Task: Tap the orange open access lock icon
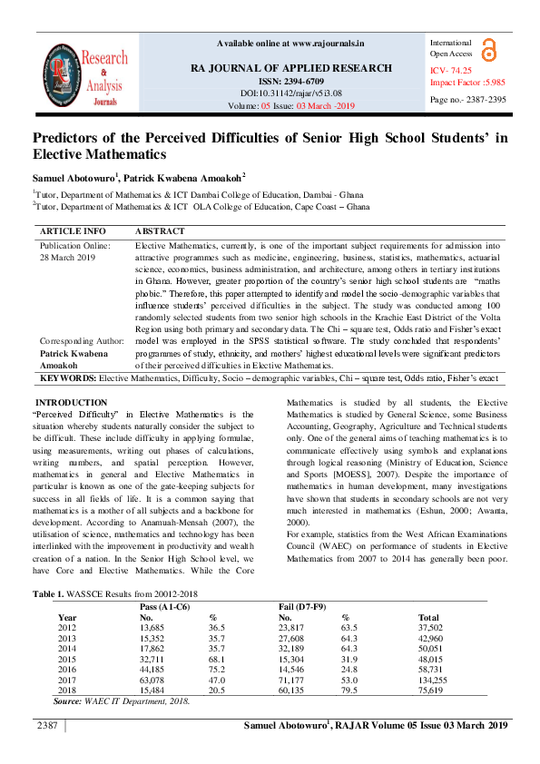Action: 489,49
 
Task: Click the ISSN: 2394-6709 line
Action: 290,81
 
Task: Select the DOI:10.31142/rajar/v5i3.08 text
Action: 290,93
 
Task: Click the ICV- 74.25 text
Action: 450,70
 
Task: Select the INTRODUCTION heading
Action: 70,402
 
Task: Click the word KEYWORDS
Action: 68,376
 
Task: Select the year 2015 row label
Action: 67,658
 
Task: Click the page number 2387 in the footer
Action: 47,726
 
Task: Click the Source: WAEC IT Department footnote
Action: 122,700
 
